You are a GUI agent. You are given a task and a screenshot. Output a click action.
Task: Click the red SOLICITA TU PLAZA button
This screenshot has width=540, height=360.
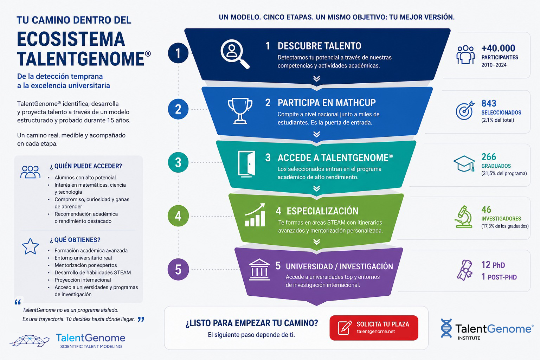point(374,328)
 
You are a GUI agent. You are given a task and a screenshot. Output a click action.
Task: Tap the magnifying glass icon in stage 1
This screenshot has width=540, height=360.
point(234,53)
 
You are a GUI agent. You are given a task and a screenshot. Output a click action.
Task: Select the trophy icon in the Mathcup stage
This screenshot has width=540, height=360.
point(240,111)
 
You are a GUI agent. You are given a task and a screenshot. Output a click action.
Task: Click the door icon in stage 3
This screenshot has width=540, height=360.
point(246,164)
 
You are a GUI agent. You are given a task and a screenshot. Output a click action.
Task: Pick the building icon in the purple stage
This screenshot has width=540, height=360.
point(259,269)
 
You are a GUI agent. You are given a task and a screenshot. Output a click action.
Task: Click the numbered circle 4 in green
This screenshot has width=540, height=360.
point(178,216)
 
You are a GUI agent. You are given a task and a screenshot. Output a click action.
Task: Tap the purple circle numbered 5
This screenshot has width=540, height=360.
point(178,269)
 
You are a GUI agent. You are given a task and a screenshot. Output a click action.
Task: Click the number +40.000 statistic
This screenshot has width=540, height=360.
point(498,48)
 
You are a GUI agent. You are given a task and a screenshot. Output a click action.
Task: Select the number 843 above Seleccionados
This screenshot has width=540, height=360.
point(489,103)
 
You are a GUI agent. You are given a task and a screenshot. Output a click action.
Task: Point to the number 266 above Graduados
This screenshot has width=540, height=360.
point(489,157)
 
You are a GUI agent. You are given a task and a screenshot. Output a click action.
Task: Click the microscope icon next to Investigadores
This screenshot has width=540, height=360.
point(464,217)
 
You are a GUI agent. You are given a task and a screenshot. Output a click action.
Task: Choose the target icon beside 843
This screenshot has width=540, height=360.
point(465,110)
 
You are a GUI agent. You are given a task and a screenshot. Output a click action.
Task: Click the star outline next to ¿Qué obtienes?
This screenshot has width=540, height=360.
point(30,246)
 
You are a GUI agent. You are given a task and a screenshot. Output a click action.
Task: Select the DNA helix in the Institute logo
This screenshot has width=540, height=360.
point(446,328)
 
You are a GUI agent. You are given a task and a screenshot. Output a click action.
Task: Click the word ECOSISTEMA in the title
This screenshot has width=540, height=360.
point(71,39)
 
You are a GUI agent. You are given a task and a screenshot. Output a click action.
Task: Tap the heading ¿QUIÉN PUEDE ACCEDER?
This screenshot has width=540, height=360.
point(86,166)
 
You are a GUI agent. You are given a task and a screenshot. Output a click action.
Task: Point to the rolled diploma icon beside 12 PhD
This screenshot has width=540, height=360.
point(464,270)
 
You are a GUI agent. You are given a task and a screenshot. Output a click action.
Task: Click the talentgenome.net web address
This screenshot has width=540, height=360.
point(376,332)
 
